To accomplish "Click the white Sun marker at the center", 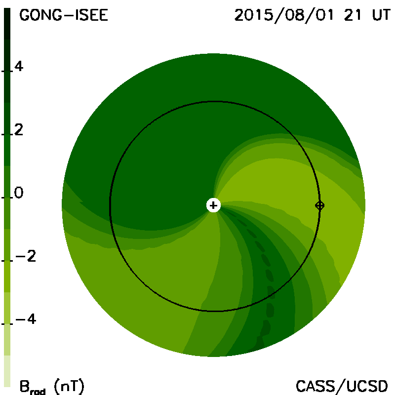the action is [x=213, y=205].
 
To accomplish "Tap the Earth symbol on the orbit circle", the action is [x=319, y=205].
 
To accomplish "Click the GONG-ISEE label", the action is [x=64, y=15].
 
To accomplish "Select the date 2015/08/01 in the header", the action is [x=284, y=16].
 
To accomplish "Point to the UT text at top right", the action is [x=381, y=15].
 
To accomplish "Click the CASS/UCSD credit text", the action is [x=342, y=386].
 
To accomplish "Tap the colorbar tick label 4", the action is [x=19, y=67].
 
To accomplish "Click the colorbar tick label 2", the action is [x=19, y=130].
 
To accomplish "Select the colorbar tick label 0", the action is [x=19, y=193].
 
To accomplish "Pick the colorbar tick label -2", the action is [x=26, y=256].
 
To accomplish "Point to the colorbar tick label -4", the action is [x=26, y=319].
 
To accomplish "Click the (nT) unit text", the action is [x=69, y=386].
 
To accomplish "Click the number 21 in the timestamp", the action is [x=353, y=15].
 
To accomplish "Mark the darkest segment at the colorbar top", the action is [x=7, y=24].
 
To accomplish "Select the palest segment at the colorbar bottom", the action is [x=7, y=371].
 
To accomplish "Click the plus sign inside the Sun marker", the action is [x=213, y=205].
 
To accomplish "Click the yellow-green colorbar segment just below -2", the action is [x=7, y=276].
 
